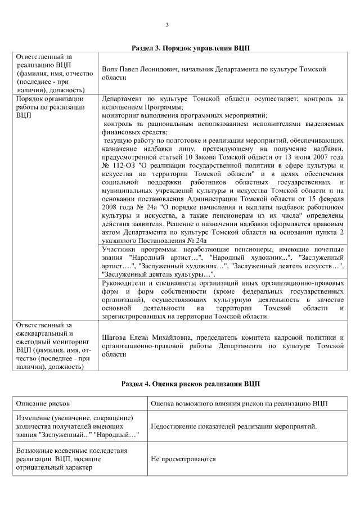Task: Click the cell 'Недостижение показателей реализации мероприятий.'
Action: (x=234, y=426)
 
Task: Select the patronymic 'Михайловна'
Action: (x=171, y=337)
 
